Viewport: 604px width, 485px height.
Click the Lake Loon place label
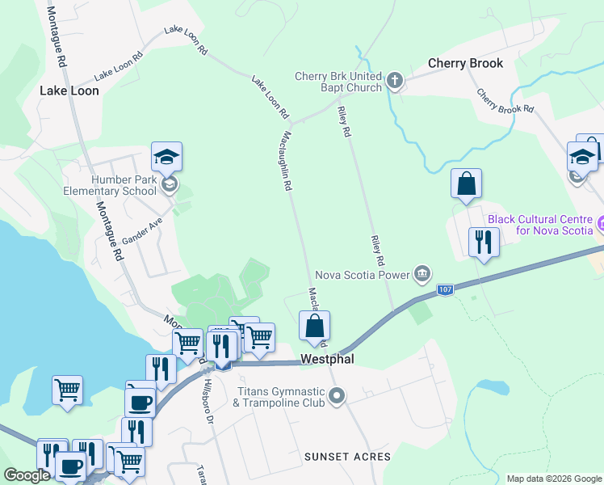pyautogui.click(x=69, y=91)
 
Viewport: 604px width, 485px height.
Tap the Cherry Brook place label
pyautogui.click(x=465, y=63)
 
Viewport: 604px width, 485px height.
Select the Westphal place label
pyautogui.click(x=327, y=359)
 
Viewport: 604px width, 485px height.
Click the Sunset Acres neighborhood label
pyautogui.click(x=347, y=457)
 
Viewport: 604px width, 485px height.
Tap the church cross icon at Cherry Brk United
pyautogui.click(x=394, y=80)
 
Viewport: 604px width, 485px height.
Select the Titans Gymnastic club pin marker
pyautogui.click(x=338, y=396)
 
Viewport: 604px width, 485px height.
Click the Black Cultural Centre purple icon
pyautogui.click(x=600, y=221)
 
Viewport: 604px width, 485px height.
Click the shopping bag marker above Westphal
pyautogui.click(x=314, y=327)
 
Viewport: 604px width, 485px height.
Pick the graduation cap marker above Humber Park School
pyautogui.click(x=166, y=157)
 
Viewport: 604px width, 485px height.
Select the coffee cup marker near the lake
pyautogui.click(x=141, y=400)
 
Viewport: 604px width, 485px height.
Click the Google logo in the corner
pyautogui.click(x=26, y=475)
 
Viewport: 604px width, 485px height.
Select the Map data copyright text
pyautogui.click(x=553, y=479)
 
